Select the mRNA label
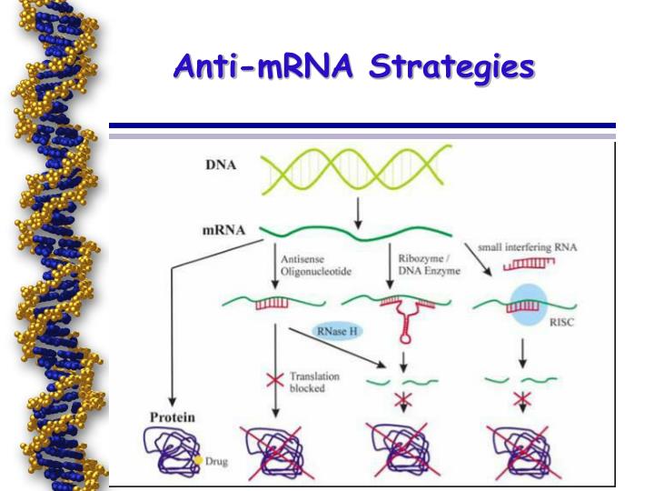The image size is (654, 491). click(223, 230)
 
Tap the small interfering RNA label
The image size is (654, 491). click(533, 246)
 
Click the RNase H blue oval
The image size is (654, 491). click(336, 333)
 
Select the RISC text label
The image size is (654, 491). click(565, 319)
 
